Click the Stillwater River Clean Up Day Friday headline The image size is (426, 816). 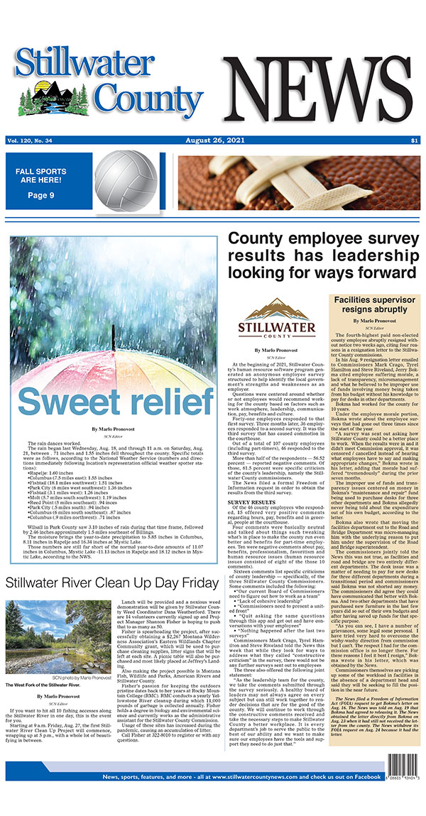(112, 583)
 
